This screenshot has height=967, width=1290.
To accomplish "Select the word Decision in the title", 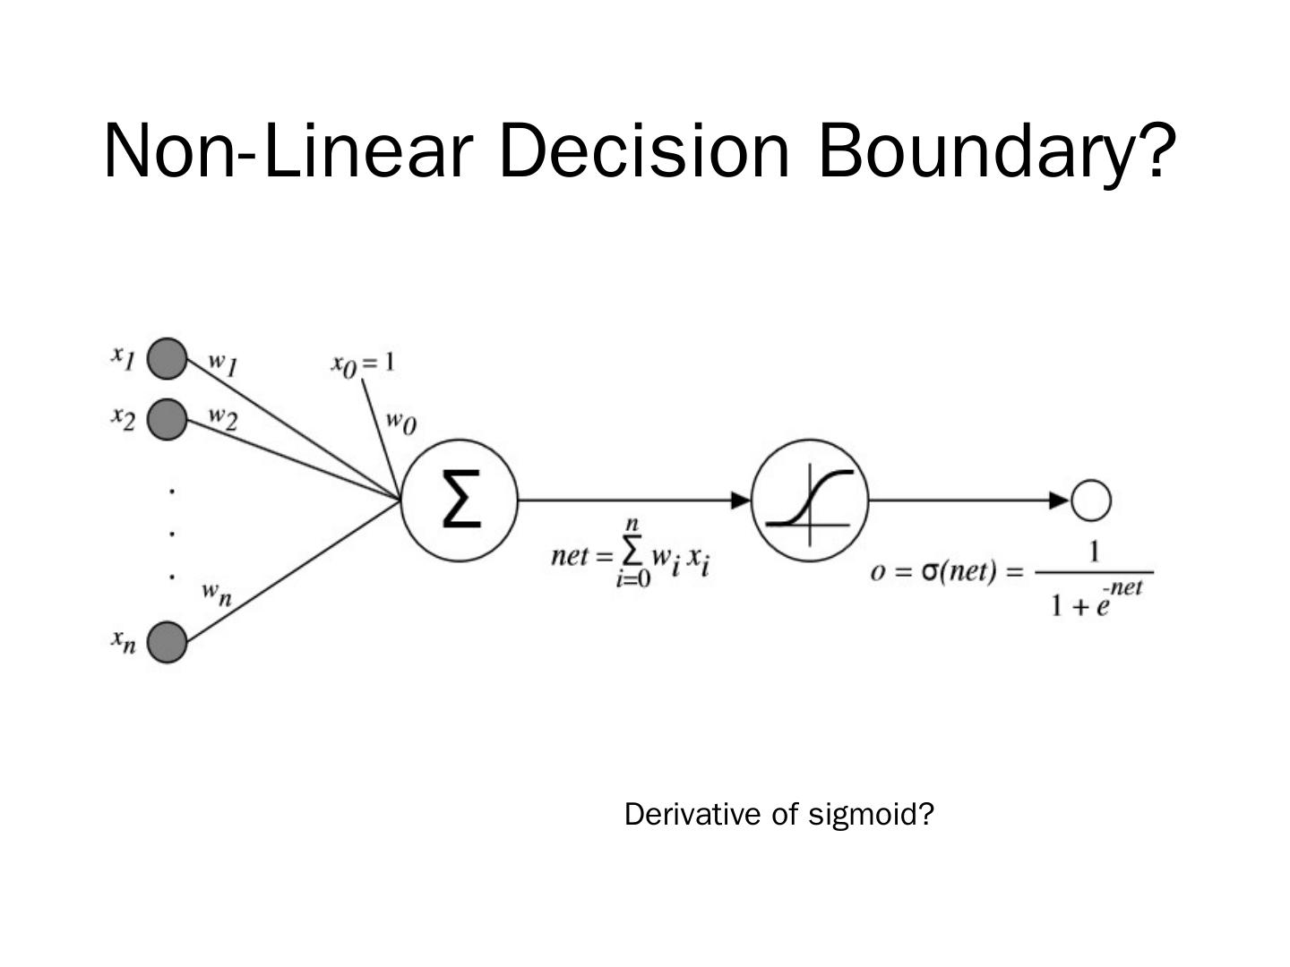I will coord(644,150).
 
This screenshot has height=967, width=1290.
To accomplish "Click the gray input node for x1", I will coord(167,359).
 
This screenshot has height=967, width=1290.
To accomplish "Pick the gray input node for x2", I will coord(167,419).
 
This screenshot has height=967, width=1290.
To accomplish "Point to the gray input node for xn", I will coord(167,642).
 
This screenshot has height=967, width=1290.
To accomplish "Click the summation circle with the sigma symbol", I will coord(460,501).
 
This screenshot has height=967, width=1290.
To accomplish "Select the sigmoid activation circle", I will coord(810,501).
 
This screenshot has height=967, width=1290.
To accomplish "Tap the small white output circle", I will coord(1090,501).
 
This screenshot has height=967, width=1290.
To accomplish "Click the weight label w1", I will coord(223,363).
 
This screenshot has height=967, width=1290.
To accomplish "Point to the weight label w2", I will coord(223,417).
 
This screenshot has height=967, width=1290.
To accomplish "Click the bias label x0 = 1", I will coord(364,364).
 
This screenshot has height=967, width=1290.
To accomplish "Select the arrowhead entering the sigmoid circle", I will coord(741,501).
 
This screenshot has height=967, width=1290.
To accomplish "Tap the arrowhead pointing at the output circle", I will coord(1060,501).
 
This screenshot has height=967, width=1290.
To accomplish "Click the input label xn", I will coord(124,640).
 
